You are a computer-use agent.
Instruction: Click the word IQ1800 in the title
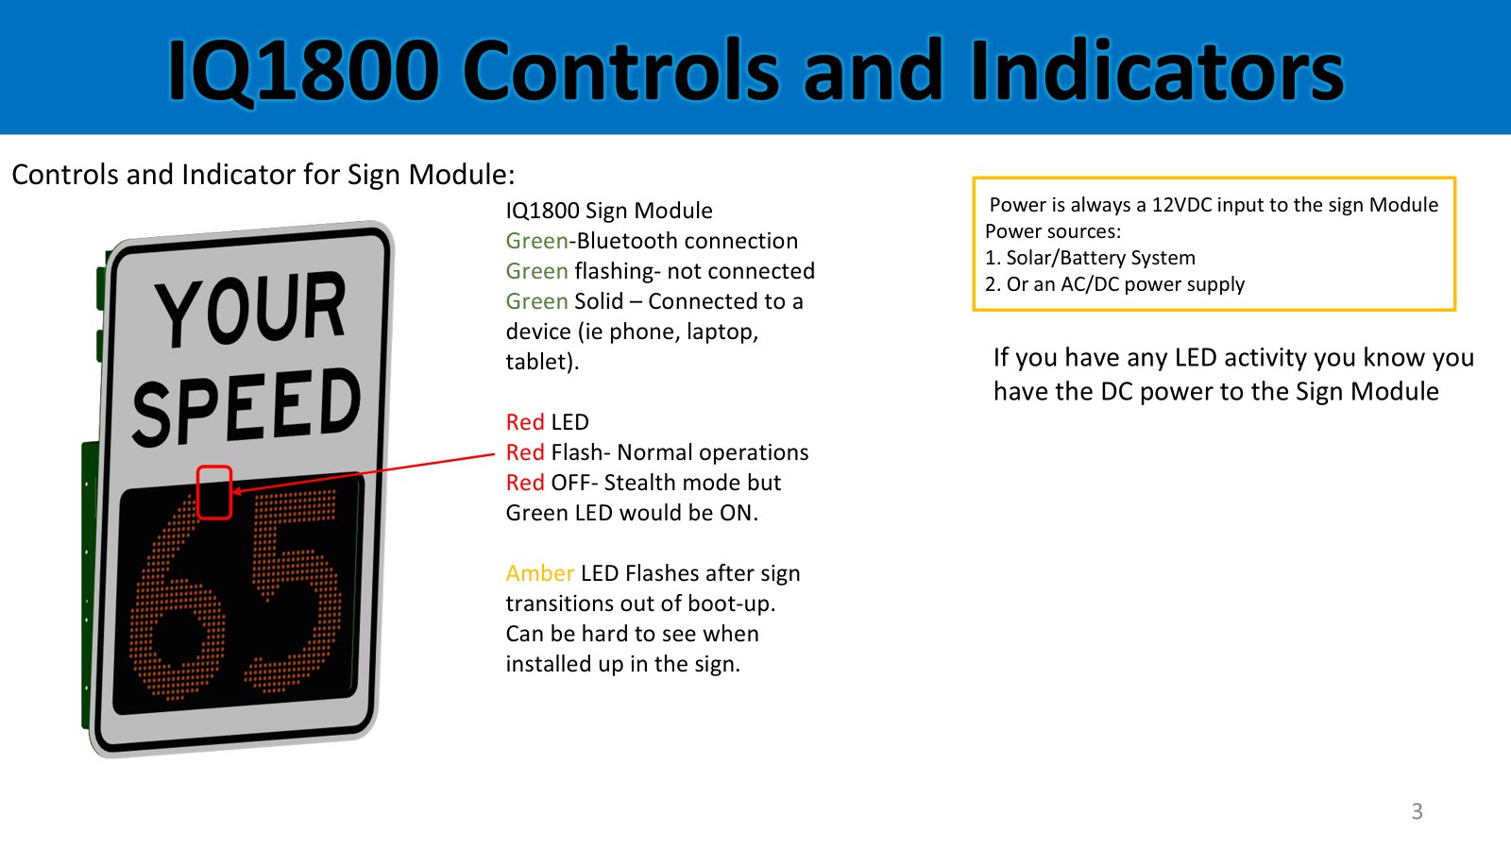pos(303,71)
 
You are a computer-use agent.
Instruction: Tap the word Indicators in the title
pos(1157,70)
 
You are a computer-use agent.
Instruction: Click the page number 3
pos(1418,811)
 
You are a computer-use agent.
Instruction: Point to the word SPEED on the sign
pos(246,407)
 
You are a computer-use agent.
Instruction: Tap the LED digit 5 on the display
pos(294,590)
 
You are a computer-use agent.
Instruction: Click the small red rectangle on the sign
pos(214,492)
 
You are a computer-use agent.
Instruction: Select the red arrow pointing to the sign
pos(364,473)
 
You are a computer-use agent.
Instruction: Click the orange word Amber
pos(539,573)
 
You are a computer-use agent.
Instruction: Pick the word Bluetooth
pos(631,241)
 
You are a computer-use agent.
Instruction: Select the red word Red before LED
pos(525,422)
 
